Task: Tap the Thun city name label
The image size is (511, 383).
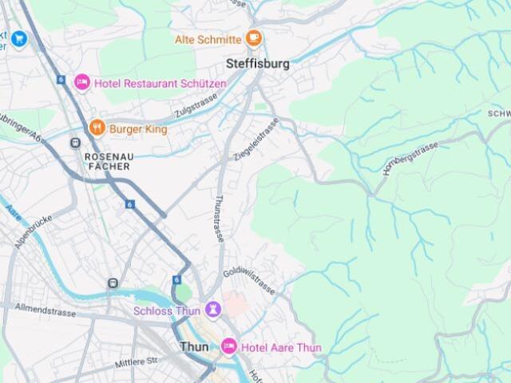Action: tap(194, 347)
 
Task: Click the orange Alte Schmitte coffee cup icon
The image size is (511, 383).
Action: tap(253, 38)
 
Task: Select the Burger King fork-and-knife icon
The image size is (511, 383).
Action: tap(97, 128)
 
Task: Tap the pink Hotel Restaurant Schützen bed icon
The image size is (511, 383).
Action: tap(82, 83)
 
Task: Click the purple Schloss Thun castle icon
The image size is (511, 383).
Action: tap(212, 310)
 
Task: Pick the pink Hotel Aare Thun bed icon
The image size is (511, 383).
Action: tap(228, 347)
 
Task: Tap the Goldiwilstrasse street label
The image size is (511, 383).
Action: tap(249, 282)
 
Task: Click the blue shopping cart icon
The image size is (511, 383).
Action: tap(18, 38)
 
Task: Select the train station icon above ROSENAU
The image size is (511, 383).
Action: tap(75, 143)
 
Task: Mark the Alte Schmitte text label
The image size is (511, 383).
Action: tap(208, 39)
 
